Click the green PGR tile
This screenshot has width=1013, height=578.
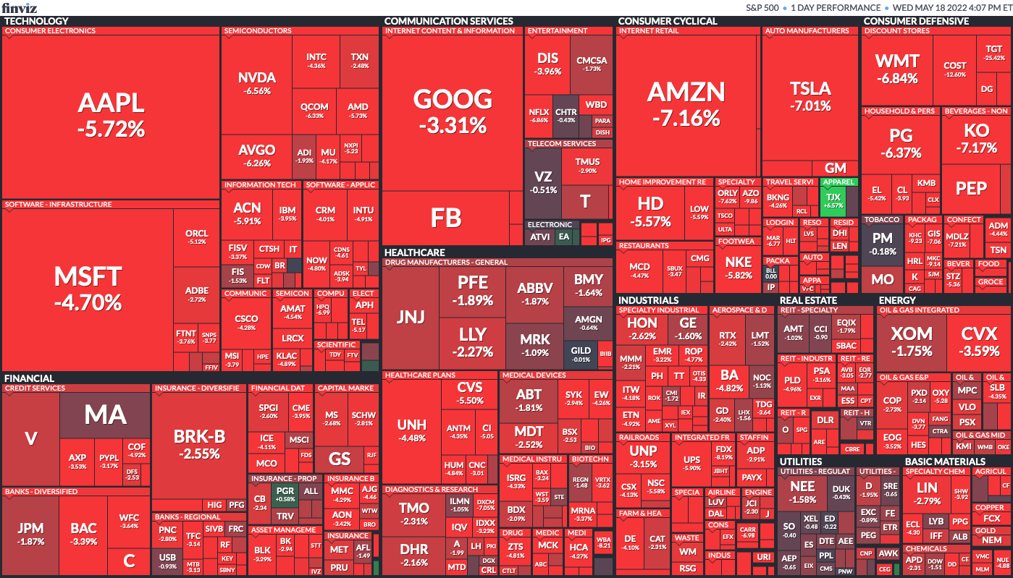285,495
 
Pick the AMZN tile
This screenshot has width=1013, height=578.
686,103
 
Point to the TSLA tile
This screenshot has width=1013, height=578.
810,96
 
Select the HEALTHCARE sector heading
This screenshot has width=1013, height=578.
414,252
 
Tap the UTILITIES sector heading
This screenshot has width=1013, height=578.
801,462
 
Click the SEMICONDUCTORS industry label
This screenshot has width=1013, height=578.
258,31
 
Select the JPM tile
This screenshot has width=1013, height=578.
31,534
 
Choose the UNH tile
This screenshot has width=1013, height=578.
411,430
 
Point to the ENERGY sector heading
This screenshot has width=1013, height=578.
897,300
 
